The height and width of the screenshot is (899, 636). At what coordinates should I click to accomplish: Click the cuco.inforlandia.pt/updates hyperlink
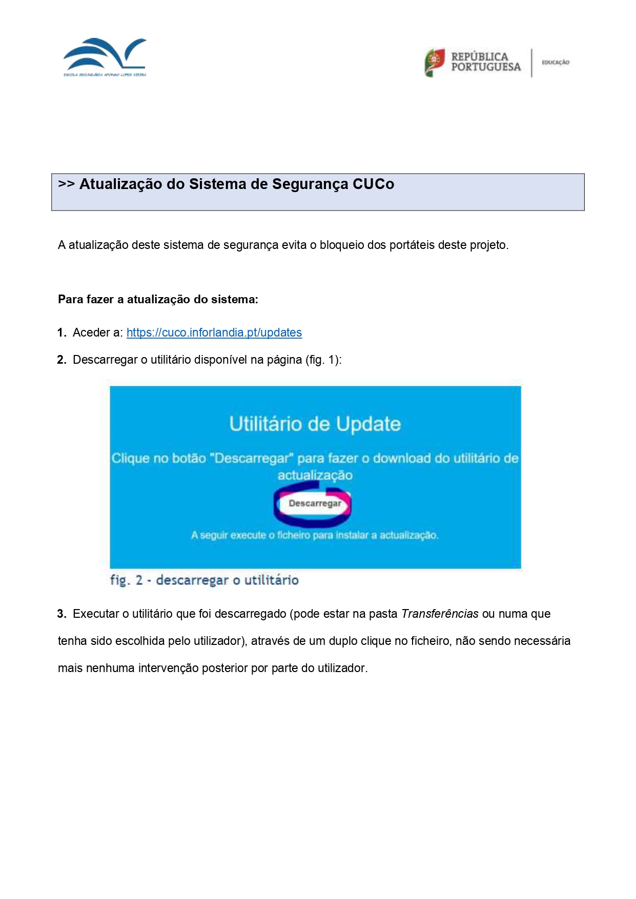pos(214,332)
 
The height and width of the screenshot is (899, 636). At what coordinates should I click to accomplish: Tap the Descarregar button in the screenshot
pos(315,504)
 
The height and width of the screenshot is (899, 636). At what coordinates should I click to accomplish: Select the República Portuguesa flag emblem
pos(435,62)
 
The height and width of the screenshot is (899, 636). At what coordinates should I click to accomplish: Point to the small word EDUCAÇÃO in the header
pos(556,62)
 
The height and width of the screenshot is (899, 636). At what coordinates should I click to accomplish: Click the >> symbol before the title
pos(66,184)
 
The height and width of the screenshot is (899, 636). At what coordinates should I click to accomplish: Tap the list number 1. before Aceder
pos(61,333)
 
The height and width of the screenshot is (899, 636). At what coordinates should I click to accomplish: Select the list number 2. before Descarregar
pos(61,360)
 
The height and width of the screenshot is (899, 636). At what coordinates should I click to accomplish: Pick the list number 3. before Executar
pos(61,614)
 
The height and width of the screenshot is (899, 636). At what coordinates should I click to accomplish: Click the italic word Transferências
pos(440,614)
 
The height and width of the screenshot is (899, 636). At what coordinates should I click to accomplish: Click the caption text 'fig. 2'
pos(126,580)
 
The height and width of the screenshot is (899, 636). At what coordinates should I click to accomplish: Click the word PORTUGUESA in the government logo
pos(486,67)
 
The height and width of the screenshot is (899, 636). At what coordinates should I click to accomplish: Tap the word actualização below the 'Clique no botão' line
pos(315,475)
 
